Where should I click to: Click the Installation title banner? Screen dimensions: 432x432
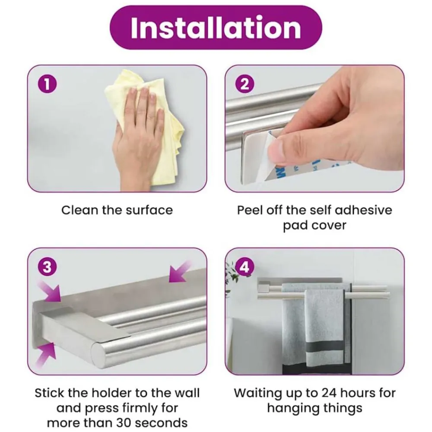[216, 28]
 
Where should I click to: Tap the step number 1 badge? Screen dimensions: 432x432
[47, 84]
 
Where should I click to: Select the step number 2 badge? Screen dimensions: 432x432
[245, 84]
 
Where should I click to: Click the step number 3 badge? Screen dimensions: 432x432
[47, 267]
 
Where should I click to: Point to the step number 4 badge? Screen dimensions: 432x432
[245, 267]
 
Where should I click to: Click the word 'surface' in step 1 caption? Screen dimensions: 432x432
[149, 210]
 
